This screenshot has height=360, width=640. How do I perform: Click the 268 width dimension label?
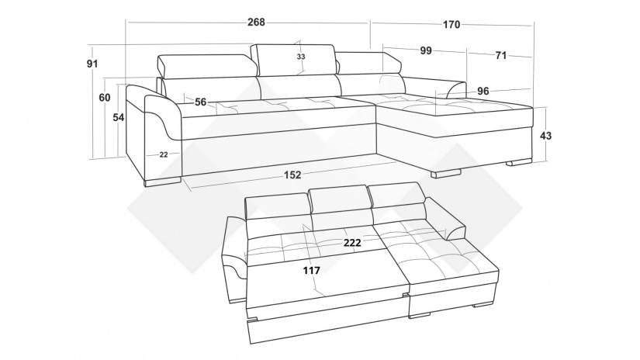pos(256,22)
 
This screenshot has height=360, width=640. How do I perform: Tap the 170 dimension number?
pos(451,25)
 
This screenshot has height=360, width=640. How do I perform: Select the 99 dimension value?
pos(426,50)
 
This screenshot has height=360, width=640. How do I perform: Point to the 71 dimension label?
pos(501,56)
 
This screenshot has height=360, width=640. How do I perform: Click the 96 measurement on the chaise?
pos(483,91)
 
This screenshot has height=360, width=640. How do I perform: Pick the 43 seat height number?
pos(545,135)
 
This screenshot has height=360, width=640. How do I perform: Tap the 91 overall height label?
pos(92,64)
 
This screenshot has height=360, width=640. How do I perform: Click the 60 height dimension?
pos(105,98)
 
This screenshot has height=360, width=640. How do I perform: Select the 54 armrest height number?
pos(119,118)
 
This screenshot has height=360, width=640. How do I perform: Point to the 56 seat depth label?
pos(200,102)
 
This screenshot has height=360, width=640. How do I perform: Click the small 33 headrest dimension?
pos(301,57)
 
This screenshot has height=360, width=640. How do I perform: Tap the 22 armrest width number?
pos(164,154)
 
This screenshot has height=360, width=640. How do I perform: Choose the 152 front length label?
pos(292,175)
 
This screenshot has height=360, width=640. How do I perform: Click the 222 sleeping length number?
pos(352,243)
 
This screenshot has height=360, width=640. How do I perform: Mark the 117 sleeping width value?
pos(311,270)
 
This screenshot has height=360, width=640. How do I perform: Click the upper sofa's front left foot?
pos(163,182)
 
